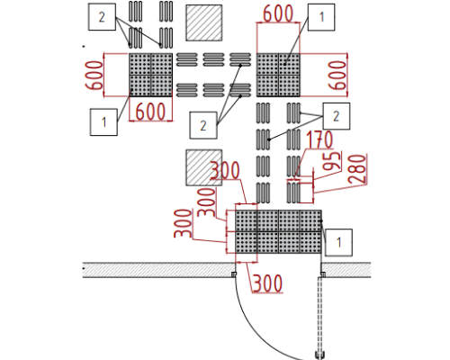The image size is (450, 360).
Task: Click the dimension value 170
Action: tap(319, 139)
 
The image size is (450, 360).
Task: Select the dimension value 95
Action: tap(332, 161)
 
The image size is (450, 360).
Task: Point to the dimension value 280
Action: tap(357, 169)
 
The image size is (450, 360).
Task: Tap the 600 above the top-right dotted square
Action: tap(278, 13)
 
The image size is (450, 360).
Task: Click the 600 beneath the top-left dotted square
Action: tap(150, 112)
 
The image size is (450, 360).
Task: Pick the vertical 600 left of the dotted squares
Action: tap(94, 76)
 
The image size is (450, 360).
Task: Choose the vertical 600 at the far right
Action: tap(337, 76)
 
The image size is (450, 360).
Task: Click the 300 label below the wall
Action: tap(267, 283)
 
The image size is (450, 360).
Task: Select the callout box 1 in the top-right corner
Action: tap(321, 17)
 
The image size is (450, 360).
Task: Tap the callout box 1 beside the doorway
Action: tap(338, 242)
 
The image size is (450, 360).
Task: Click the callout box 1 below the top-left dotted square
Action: tap(103, 122)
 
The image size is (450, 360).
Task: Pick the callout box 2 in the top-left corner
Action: tap(102, 17)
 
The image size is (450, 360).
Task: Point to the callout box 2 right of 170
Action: tap(337, 116)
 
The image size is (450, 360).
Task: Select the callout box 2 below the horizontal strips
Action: tap(203, 125)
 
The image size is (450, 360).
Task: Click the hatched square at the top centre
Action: tap(204, 22)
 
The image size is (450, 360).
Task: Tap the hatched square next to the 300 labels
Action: tap(204, 167)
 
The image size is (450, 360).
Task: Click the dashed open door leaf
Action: tap(319, 314)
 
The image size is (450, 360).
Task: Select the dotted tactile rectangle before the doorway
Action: tap(278, 231)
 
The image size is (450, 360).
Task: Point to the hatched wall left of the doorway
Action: tap(158, 270)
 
